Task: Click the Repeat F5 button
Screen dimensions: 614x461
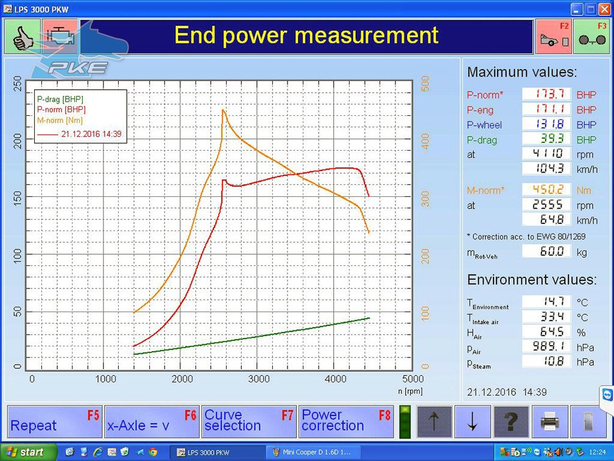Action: tap(54, 421)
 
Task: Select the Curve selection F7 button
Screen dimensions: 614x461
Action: tap(249, 421)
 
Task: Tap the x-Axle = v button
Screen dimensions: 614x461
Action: tap(152, 421)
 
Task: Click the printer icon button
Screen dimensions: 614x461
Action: tap(550, 422)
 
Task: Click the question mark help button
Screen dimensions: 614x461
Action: tap(511, 422)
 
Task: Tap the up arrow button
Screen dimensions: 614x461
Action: tap(434, 422)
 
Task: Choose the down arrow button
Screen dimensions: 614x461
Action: tap(473, 422)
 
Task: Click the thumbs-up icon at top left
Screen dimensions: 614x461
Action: tap(23, 37)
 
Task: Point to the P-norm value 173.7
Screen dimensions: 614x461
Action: tap(546, 94)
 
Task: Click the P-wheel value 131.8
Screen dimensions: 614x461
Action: tap(546, 124)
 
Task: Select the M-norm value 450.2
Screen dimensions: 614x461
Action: tap(546, 190)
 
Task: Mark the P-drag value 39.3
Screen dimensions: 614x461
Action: tap(546, 139)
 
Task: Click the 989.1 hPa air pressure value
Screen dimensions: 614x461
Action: tap(546, 346)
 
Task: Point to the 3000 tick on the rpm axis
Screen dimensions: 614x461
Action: tap(259, 379)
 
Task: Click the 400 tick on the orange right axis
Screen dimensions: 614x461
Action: tap(425, 141)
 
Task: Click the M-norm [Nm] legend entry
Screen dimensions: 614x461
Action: tap(60, 120)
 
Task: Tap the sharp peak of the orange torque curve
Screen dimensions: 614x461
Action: tap(223, 110)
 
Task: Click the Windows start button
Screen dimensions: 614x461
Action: tap(28, 452)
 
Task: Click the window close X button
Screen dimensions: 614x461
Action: tap(605, 9)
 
